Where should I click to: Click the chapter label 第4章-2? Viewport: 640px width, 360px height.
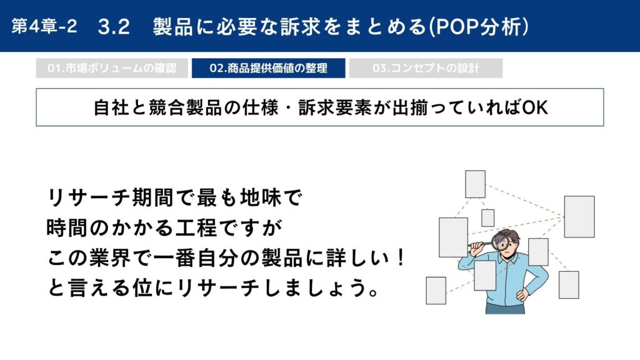(44, 26)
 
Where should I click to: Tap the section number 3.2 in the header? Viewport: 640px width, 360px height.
(114, 27)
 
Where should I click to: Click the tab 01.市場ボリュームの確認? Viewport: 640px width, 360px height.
(112, 68)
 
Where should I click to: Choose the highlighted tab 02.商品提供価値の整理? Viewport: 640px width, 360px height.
(269, 68)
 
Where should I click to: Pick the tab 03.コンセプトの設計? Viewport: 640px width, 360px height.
(426, 68)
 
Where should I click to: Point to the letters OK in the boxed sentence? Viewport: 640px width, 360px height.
(535, 107)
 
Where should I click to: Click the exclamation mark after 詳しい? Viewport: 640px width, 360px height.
(401, 258)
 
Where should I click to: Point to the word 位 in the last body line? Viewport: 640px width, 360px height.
(142, 288)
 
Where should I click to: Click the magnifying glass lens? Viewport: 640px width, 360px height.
(499, 242)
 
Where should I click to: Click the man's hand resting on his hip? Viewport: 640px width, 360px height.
(521, 294)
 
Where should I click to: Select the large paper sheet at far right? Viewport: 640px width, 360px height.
(579, 216)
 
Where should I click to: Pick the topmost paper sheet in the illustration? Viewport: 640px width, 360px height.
(476, 184)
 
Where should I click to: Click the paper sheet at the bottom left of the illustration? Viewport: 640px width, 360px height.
(436, 291)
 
